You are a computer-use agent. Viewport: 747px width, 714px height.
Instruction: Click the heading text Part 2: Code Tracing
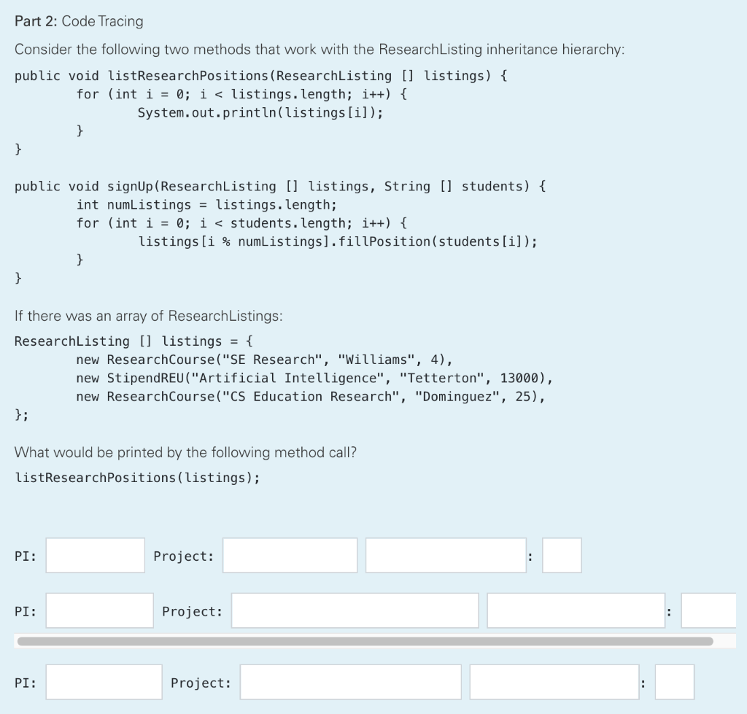pos(79,21)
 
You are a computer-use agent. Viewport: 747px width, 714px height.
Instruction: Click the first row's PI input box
pos(96,556)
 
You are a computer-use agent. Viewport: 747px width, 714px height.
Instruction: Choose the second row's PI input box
pos(100,610)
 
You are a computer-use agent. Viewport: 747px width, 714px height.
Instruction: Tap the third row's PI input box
pos(104,682)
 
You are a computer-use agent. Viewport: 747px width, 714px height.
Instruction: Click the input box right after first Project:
pos(290,556)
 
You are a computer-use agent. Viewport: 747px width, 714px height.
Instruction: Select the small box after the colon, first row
pos(562,556)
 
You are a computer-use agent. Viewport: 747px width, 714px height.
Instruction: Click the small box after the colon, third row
pos(674,682)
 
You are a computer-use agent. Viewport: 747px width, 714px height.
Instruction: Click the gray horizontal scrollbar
pos(365,641)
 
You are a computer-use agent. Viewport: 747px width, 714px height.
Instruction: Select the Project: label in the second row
pos(193,611)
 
